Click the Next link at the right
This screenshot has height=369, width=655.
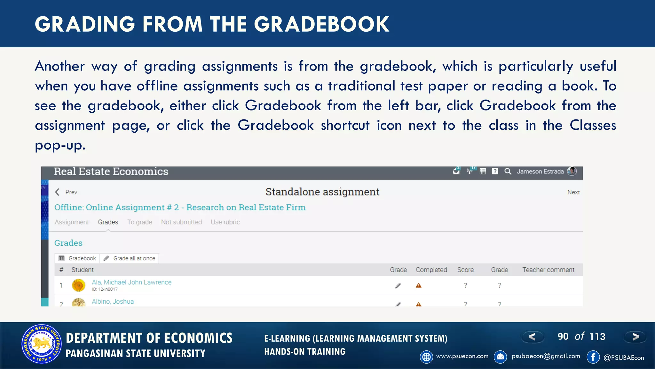pos(573,192)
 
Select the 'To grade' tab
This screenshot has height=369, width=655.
pos(139,222)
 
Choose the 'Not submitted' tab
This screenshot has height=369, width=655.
pos(181,222)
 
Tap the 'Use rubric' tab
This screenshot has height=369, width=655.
pos(225,222)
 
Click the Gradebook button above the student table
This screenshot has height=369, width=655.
pos(77,258)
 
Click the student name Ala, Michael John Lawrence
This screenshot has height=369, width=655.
pos(131,283)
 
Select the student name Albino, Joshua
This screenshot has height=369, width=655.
pos(113,302)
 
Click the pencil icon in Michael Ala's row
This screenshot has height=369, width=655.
pos(398,286)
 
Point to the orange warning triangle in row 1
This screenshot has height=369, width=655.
pos(418,285)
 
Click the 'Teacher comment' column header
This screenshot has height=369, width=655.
pos(548,270)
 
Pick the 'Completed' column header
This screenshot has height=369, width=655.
pos(431,270)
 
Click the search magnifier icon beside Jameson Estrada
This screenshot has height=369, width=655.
pos(508,171)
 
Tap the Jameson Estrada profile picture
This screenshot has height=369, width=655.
pos(572,171)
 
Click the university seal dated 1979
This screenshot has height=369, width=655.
pos(42,344)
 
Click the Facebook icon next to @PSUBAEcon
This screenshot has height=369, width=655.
pos(593,357)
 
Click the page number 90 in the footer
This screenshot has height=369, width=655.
pos(563,337)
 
